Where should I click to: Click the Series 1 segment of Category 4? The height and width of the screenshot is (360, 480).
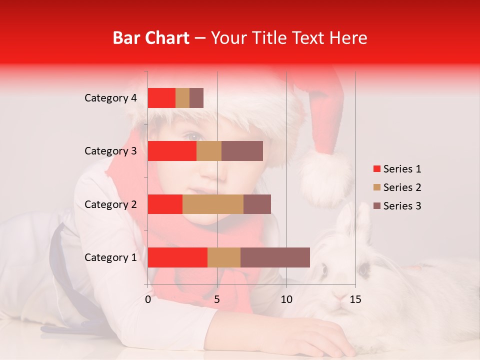(x=161, y=98)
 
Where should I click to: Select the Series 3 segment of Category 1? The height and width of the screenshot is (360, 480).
(x=275, y=257)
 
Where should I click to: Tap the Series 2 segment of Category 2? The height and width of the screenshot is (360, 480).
(x=213, y=204)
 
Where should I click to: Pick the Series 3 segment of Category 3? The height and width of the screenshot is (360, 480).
(x=242, y=151)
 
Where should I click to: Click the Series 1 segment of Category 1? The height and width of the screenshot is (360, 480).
(x=177, y=257)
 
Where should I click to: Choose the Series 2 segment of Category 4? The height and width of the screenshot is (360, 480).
(x=182, y=98)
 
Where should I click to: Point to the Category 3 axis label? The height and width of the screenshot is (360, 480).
(x=110, y=151)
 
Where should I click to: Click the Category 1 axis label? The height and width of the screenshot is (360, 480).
(x=110, y=257)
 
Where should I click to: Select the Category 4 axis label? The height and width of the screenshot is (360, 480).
(x=110, y=98)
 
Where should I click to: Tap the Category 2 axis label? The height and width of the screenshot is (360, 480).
(x=110, y=204)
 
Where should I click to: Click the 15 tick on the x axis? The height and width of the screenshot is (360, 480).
(x=355, y=299)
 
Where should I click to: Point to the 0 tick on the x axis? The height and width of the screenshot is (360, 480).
(x=148, y=299)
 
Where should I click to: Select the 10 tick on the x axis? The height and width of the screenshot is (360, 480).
(x=286, y=299)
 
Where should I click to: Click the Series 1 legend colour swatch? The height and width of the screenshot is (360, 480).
(x=376, y=169)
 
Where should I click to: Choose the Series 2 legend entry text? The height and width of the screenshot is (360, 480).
(x=402, y=187)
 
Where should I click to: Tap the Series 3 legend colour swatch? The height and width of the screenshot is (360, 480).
(x=376, y=206)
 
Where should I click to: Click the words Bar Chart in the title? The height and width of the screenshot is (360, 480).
(x=151, y=38)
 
